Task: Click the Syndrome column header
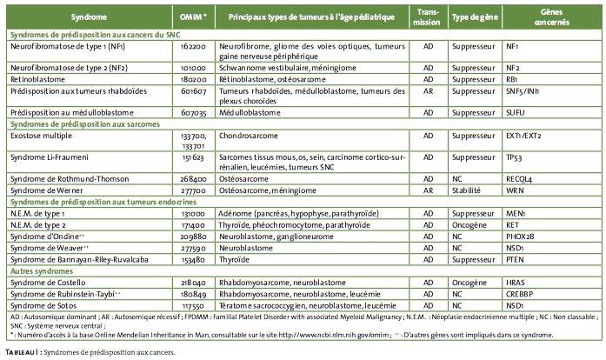pos(89,17)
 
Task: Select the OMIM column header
pos(193,17)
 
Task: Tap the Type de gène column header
pos(475,17)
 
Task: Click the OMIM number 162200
pos(193,46)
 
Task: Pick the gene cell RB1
pos(512,79)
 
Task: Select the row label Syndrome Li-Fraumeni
pos(49,157)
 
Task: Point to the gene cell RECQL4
pos(519,179)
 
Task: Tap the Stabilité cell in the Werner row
pos(466,190)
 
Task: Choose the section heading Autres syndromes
pos(42,271)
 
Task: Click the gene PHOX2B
pos(520,237)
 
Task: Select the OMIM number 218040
pos(193,283)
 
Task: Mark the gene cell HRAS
pos(516,283)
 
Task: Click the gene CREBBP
pos(519,294)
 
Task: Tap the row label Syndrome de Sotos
pos(43,305)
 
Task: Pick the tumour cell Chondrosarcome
pos(248,136)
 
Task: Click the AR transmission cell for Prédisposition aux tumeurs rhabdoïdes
pos(429,91)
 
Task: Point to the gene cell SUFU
pos(516,112)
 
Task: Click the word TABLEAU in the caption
pos(23,352)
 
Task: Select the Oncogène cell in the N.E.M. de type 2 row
pos(469,225)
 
